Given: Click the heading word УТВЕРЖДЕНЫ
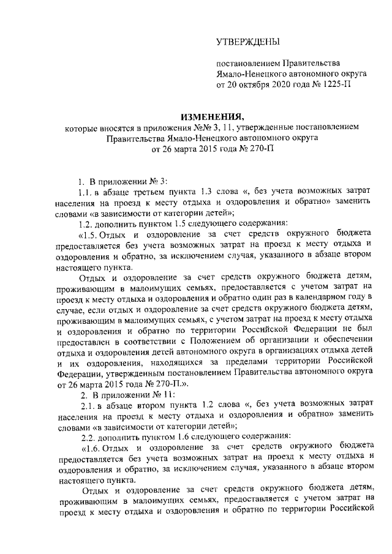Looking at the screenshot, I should click(247, 42).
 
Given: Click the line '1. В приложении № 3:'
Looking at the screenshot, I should click(126, 182).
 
